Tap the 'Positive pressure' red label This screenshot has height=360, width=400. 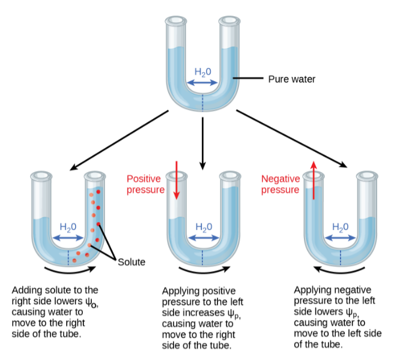(144, 184)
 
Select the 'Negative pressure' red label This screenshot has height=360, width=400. (280, 184)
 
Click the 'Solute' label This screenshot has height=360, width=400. (132, 262)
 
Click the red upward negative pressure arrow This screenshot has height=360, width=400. (312, 182)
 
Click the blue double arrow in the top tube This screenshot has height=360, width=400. (203, 81)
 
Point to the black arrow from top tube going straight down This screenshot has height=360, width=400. (203, 142)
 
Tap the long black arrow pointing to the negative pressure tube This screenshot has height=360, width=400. (291, 138)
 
